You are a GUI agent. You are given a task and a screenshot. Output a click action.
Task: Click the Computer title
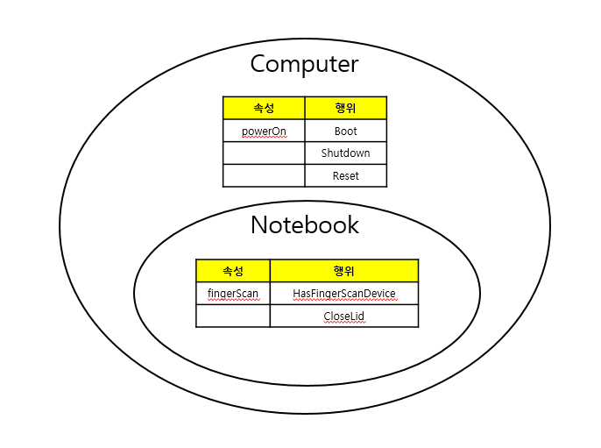(x=304, y=64)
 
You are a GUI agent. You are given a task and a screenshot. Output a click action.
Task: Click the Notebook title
(x=304, y=224)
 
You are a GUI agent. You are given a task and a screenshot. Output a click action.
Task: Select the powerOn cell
(x=264, y=131)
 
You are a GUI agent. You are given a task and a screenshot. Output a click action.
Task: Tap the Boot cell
(x=345, y=131)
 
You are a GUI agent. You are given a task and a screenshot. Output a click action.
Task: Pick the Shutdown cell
(x=345, y=153)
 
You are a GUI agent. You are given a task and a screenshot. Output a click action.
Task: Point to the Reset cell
(x=345, y=175)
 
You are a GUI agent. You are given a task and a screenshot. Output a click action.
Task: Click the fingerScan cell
(x=232, y=293)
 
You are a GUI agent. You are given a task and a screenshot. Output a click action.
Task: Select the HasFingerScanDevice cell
(x=343, y=293)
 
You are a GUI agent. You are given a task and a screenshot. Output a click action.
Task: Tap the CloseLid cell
(x=343, y=316)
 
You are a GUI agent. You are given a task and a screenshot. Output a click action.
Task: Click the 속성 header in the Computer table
(x=264, y=108)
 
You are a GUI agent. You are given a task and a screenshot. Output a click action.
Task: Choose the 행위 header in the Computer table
(x=345, y=108)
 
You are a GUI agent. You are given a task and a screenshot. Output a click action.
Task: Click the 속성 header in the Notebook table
(x=232, y=270)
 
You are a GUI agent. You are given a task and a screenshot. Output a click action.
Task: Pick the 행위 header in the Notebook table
(x=343, y=270)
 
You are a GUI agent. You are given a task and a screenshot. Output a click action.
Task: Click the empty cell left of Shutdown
(x=264, y=153)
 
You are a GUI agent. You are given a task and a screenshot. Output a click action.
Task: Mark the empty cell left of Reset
(x=264, y=175)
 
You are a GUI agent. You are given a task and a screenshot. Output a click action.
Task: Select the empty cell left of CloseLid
(x=232, y=316)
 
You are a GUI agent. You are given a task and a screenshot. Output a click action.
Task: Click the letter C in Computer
(x=259, y=64)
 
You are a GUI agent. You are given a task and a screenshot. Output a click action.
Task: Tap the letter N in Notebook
(x=260, y=224)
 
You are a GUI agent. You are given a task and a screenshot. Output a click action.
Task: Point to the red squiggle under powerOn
(x=264, y=139)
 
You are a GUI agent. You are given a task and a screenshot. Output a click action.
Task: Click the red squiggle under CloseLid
(x=343, y=323)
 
